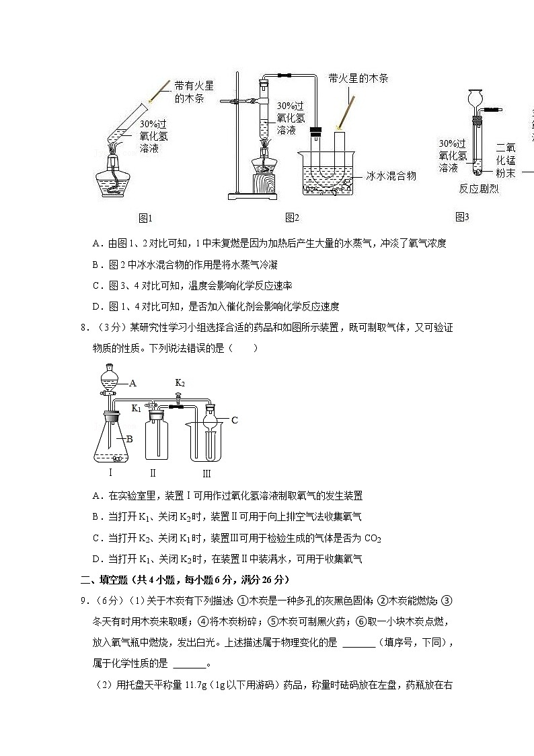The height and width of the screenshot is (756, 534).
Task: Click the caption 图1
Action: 146,217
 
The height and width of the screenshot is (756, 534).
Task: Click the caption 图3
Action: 462,217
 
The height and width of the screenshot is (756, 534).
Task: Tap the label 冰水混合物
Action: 391,176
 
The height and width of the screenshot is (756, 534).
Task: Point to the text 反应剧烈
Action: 479,189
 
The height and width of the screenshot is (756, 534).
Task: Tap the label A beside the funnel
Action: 132,383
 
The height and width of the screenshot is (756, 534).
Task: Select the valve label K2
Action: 180,383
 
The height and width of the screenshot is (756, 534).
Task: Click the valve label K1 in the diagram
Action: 136,408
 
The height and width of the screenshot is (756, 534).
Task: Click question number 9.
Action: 84,600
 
